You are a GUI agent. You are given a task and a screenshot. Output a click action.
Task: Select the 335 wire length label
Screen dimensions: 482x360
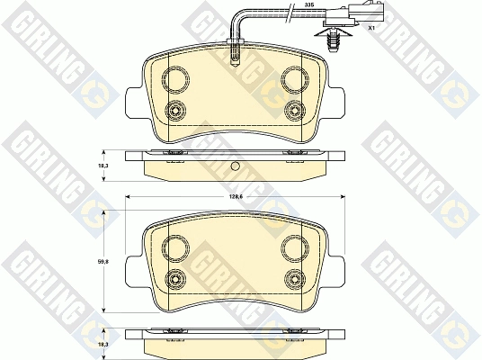click(x=307, y=5)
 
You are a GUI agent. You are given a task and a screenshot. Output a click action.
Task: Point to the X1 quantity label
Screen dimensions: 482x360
click(x=371, y=28)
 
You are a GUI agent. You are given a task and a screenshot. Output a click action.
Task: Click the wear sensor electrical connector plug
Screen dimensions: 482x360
click(x=353, y=15)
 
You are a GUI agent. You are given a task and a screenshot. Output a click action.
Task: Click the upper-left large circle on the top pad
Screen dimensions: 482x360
click(x=175, y=79)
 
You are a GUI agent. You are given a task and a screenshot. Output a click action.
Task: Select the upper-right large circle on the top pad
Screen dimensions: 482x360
click(x=295, y=79)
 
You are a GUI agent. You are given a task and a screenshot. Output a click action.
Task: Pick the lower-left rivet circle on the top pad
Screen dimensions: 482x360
click(x=175, y=110)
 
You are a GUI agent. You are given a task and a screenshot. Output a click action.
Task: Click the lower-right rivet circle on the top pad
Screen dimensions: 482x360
click(x=295, y=110)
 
